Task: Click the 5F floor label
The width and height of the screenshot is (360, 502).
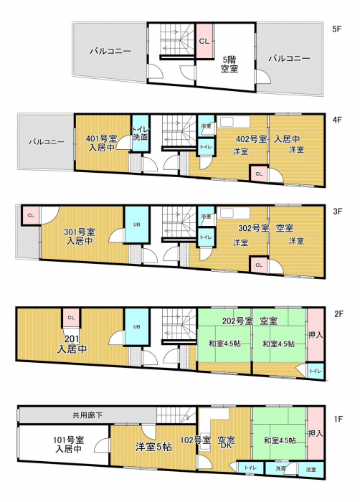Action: [x=336, y=29]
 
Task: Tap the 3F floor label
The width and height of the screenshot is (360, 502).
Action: [x=337, y=212]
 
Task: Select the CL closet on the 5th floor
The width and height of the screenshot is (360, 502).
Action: [x=204, y=41]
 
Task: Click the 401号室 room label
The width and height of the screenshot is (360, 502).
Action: [x=102, y=139]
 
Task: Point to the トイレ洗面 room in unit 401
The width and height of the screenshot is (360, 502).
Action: [x=141, y=133]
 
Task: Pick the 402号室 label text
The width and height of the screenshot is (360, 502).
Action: [x=252, y=139]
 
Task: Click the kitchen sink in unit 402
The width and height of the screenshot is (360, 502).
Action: [x=234, y=122]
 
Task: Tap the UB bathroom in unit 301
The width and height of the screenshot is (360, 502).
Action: [x=137, y=224]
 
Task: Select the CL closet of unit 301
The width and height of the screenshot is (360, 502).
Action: [x=31, y=215]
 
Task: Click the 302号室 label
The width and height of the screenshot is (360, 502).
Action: [x=254, y=228]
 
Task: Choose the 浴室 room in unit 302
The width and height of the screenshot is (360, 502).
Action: [x=206, y=217]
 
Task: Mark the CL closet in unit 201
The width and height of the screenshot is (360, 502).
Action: [x=71, y=318]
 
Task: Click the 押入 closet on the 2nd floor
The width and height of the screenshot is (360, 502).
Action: [x=316, y=335]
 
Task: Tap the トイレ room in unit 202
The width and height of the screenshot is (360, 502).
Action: [x=315, y=371]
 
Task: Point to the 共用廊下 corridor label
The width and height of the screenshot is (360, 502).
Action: [x=87, y=415]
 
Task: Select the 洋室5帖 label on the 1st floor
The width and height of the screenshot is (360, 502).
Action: [x=153, y=447]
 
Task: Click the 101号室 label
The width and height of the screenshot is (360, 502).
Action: [x=69, y=440]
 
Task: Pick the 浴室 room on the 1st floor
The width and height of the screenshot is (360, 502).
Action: [x=311, y=470]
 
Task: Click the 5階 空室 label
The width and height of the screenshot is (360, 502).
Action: [x=229, y=64]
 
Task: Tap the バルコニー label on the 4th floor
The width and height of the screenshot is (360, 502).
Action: [x=47, y=142]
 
